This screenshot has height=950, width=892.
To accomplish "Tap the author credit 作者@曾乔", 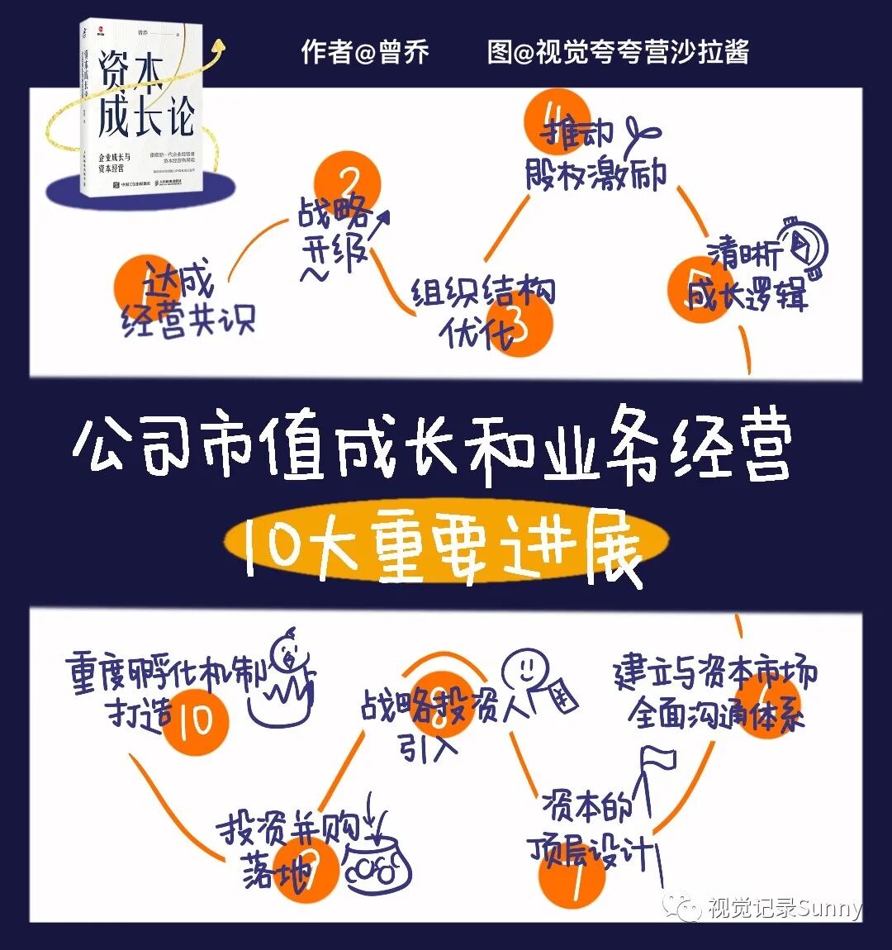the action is (365, 52).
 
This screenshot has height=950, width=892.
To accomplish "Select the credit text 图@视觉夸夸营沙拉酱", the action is (618, 52).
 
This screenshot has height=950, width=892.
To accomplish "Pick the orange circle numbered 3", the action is (518, 322).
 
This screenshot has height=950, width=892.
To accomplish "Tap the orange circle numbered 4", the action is (557, 122).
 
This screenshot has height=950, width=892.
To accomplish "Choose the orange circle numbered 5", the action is (700, 289).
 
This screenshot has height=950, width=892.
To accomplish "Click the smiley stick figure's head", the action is (525, 662).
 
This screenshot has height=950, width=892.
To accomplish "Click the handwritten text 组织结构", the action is (484, 292).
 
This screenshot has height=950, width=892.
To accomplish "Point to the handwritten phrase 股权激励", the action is (595, 173).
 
